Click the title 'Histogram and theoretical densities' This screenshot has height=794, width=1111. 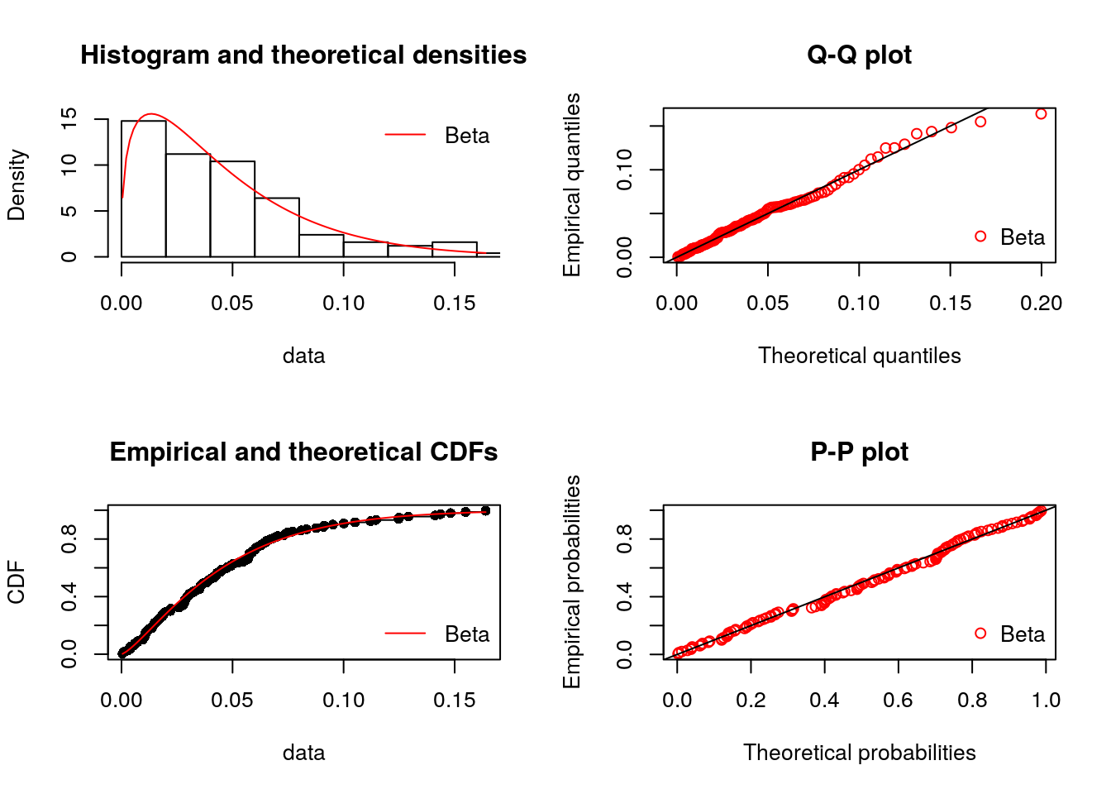click(303, 55)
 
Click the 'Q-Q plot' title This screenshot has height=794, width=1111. click(859, 55)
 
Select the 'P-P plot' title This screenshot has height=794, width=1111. click(859, 452)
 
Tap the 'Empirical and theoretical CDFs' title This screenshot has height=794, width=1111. click(303, 452)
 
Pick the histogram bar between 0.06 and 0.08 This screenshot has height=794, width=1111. click(277, 227)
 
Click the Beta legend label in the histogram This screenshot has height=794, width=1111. click(467, 136)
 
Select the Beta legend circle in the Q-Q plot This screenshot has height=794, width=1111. click(980, 237)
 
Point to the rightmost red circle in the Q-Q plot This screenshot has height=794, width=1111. click(1041, 114)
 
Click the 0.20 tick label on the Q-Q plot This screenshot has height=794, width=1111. click(1041, 304)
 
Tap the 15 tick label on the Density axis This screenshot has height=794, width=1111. click(69, 118)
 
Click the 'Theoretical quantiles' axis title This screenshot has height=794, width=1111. click(859, 356)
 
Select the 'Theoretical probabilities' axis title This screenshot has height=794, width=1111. click(859, 753)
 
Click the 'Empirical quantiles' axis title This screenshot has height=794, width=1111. click(572, 184)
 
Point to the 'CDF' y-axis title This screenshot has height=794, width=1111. click(17, 582)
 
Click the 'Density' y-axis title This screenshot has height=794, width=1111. click(17, 185)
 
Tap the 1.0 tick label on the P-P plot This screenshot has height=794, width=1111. click(1046, 701)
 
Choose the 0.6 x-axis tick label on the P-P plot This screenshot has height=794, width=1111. click(898, 701)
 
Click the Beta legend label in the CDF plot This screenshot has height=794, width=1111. click(467, 634)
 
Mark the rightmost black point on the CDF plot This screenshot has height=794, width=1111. click(485, 510)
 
